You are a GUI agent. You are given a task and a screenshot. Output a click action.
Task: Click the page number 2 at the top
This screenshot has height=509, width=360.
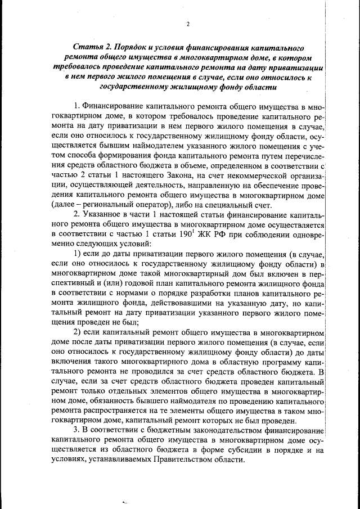point(187,24)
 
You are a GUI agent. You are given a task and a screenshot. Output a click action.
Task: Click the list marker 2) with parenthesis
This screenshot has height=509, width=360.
point(79,333)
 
